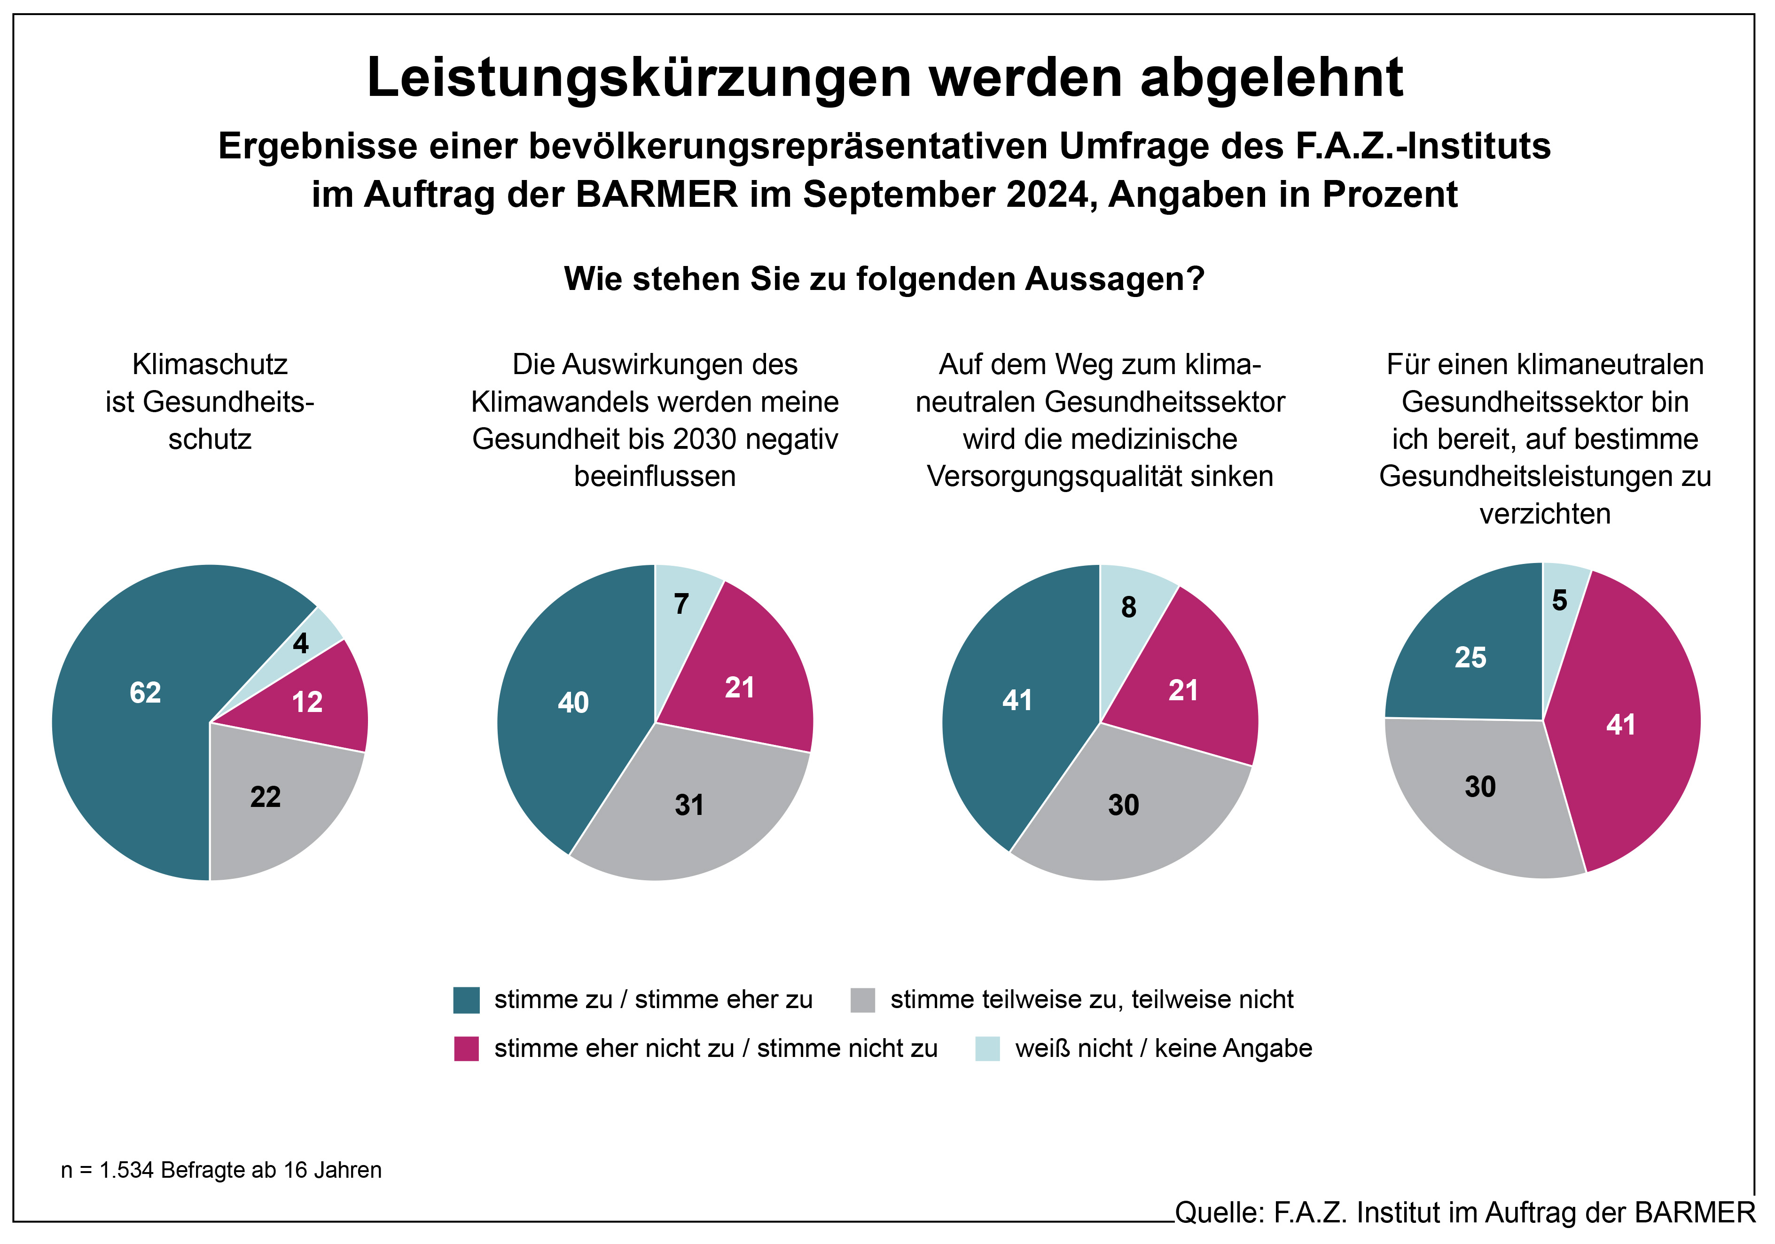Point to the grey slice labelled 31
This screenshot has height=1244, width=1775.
pos(688,808)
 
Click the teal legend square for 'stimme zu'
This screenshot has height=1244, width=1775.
pos(466,1000)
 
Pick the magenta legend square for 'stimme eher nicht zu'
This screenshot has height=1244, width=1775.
pos(466,1048)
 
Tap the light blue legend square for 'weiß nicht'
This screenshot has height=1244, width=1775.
pos(987,1048)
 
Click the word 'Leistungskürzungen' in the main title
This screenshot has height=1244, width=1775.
pos(638,78)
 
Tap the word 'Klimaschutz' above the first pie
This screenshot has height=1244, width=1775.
pos(210,364)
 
